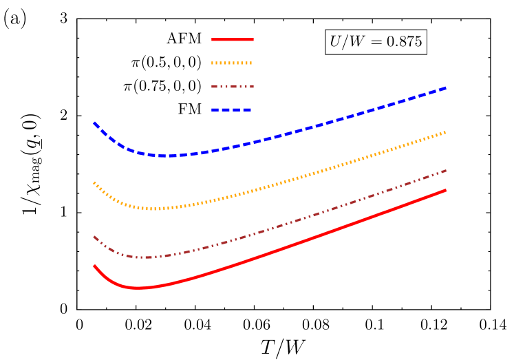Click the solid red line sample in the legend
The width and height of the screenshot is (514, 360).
[233, 40]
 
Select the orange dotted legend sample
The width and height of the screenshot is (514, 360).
[233, 63]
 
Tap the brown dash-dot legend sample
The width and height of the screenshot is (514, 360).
[233, 87]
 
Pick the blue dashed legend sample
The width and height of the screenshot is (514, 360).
[233, 110]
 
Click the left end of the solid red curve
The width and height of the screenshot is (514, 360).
[94, 266]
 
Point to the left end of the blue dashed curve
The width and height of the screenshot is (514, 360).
[94, 123]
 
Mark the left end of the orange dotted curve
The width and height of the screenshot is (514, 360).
[94, 182]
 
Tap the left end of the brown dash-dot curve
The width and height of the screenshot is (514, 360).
[94, 237]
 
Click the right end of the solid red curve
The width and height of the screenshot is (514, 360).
[447, 190]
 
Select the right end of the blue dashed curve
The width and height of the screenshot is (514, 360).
[447, 88]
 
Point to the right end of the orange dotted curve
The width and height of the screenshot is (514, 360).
[447, 131]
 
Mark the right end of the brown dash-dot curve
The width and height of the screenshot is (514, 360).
[447, 170]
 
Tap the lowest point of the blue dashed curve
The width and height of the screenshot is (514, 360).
[167, 156]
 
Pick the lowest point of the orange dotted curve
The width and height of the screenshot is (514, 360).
[157, 209]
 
